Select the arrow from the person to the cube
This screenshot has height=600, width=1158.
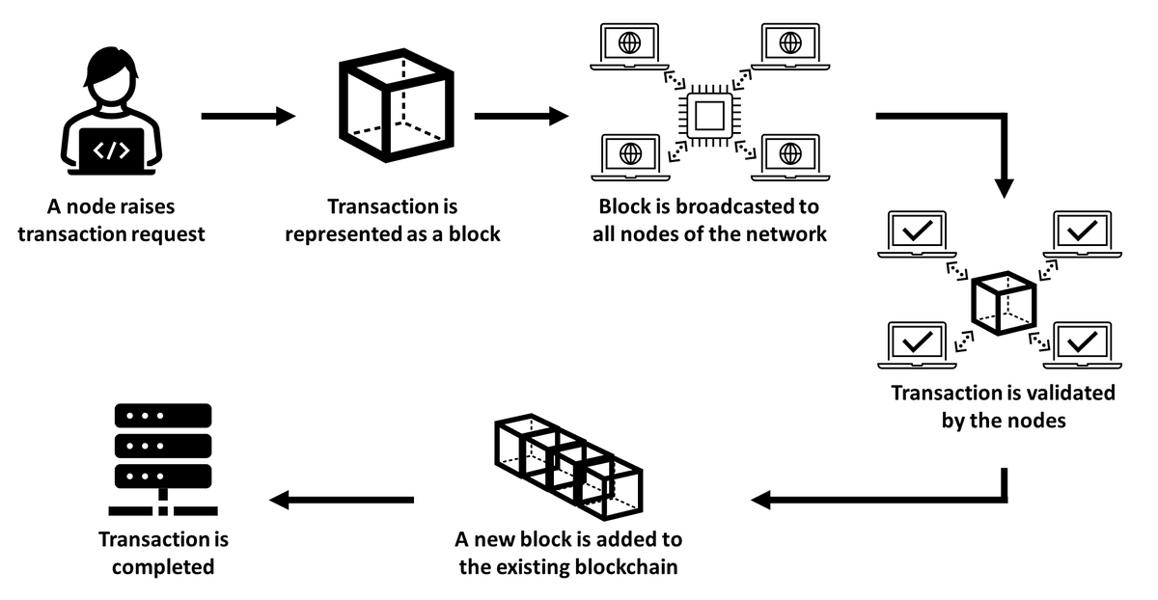[x=247, y=117]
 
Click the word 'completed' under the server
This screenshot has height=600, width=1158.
[x=163, y=566]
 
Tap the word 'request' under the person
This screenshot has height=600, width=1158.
[x=164, y=233]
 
